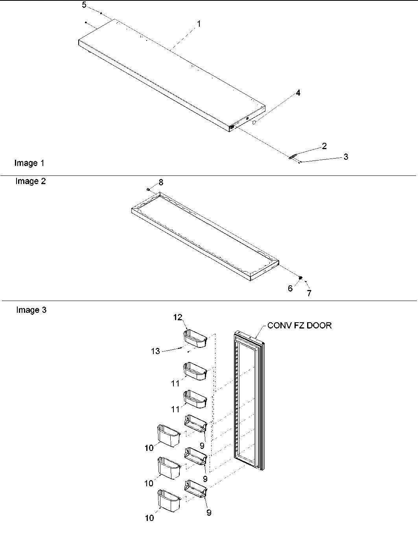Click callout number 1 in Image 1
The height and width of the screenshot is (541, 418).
(199, 24)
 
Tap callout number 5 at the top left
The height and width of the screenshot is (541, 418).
(84, 5)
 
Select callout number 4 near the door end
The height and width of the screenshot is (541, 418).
(298, 93)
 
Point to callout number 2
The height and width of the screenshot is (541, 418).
(324, 146)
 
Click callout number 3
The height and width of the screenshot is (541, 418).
(345, 157)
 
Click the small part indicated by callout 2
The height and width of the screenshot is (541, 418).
(292, 157)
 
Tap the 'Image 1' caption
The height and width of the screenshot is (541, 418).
(29, 163)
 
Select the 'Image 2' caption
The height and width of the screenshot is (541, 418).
(30, 181)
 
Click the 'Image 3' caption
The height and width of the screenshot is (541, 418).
(31, 310)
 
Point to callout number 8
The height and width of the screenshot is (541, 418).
(160, 182)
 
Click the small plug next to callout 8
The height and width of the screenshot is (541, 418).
(148, 189)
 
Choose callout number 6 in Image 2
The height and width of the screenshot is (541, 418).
(290, 288)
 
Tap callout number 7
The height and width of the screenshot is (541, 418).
(309, 293)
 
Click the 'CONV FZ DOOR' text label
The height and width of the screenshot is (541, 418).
(299, 325)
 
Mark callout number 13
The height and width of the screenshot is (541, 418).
(156, 351)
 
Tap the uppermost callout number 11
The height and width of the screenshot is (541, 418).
(175, 383)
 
